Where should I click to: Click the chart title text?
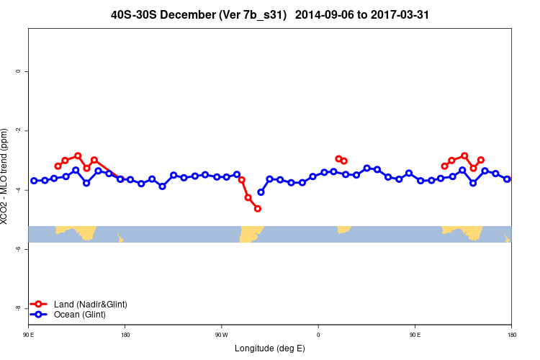271,14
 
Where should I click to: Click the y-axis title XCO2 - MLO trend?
6,176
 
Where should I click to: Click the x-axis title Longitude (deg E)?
270,348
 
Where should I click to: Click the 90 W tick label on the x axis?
221,335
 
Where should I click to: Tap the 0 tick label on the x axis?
318,335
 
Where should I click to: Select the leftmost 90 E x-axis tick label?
29,335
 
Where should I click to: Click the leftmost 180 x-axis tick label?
125,335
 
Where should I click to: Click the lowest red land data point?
258,209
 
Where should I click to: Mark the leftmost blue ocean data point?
34,181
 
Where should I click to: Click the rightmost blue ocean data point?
507,179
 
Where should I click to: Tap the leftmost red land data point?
58,166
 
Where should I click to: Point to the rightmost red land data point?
481,160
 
